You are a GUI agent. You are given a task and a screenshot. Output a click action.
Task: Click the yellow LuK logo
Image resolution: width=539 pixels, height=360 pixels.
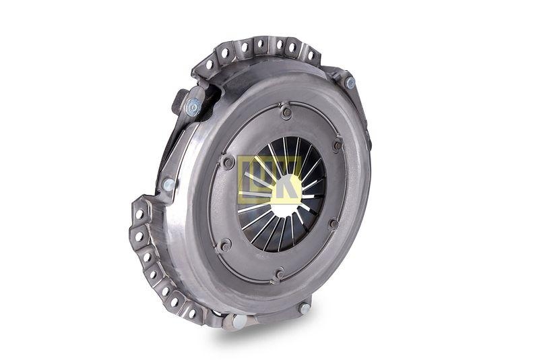pyautogui.click(x=269, y=180)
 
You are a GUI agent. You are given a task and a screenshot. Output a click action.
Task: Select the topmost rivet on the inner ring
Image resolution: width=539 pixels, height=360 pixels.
pyautogui.click(x=286, y=113)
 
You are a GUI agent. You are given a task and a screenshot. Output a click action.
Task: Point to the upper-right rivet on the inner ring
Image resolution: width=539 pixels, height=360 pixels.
pyautogui.click(x=337, y=145)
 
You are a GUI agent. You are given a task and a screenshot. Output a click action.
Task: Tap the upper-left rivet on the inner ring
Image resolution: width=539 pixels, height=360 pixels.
pyautogui.click(x=228, y=162)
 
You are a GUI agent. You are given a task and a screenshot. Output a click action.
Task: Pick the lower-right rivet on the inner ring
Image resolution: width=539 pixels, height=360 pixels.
pyautogui.click(x=332, y=224)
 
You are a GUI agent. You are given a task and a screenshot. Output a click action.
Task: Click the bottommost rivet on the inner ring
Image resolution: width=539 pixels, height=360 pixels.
pyautogui.click(x=280, y=274)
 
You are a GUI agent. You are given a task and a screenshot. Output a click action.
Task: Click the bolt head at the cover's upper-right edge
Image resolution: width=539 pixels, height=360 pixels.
pyautogui.click(x=350, y=82)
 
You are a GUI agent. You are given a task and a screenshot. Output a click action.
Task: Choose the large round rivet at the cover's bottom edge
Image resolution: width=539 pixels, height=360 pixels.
pyautogui.click(x=239, y=322)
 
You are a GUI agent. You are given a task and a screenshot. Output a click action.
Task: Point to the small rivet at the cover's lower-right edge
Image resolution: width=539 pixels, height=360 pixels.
pyautogui.click(x=305, y=307)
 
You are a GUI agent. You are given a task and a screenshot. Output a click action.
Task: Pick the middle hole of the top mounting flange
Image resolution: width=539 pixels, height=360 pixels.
pyautogui.click(x=261, y=46)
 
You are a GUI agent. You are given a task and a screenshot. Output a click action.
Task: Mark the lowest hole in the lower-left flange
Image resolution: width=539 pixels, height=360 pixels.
pyautogui.click(x=191, y=313)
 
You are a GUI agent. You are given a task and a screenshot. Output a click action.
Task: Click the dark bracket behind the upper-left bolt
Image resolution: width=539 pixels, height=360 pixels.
pyautogui.click(x=179, y=101)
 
